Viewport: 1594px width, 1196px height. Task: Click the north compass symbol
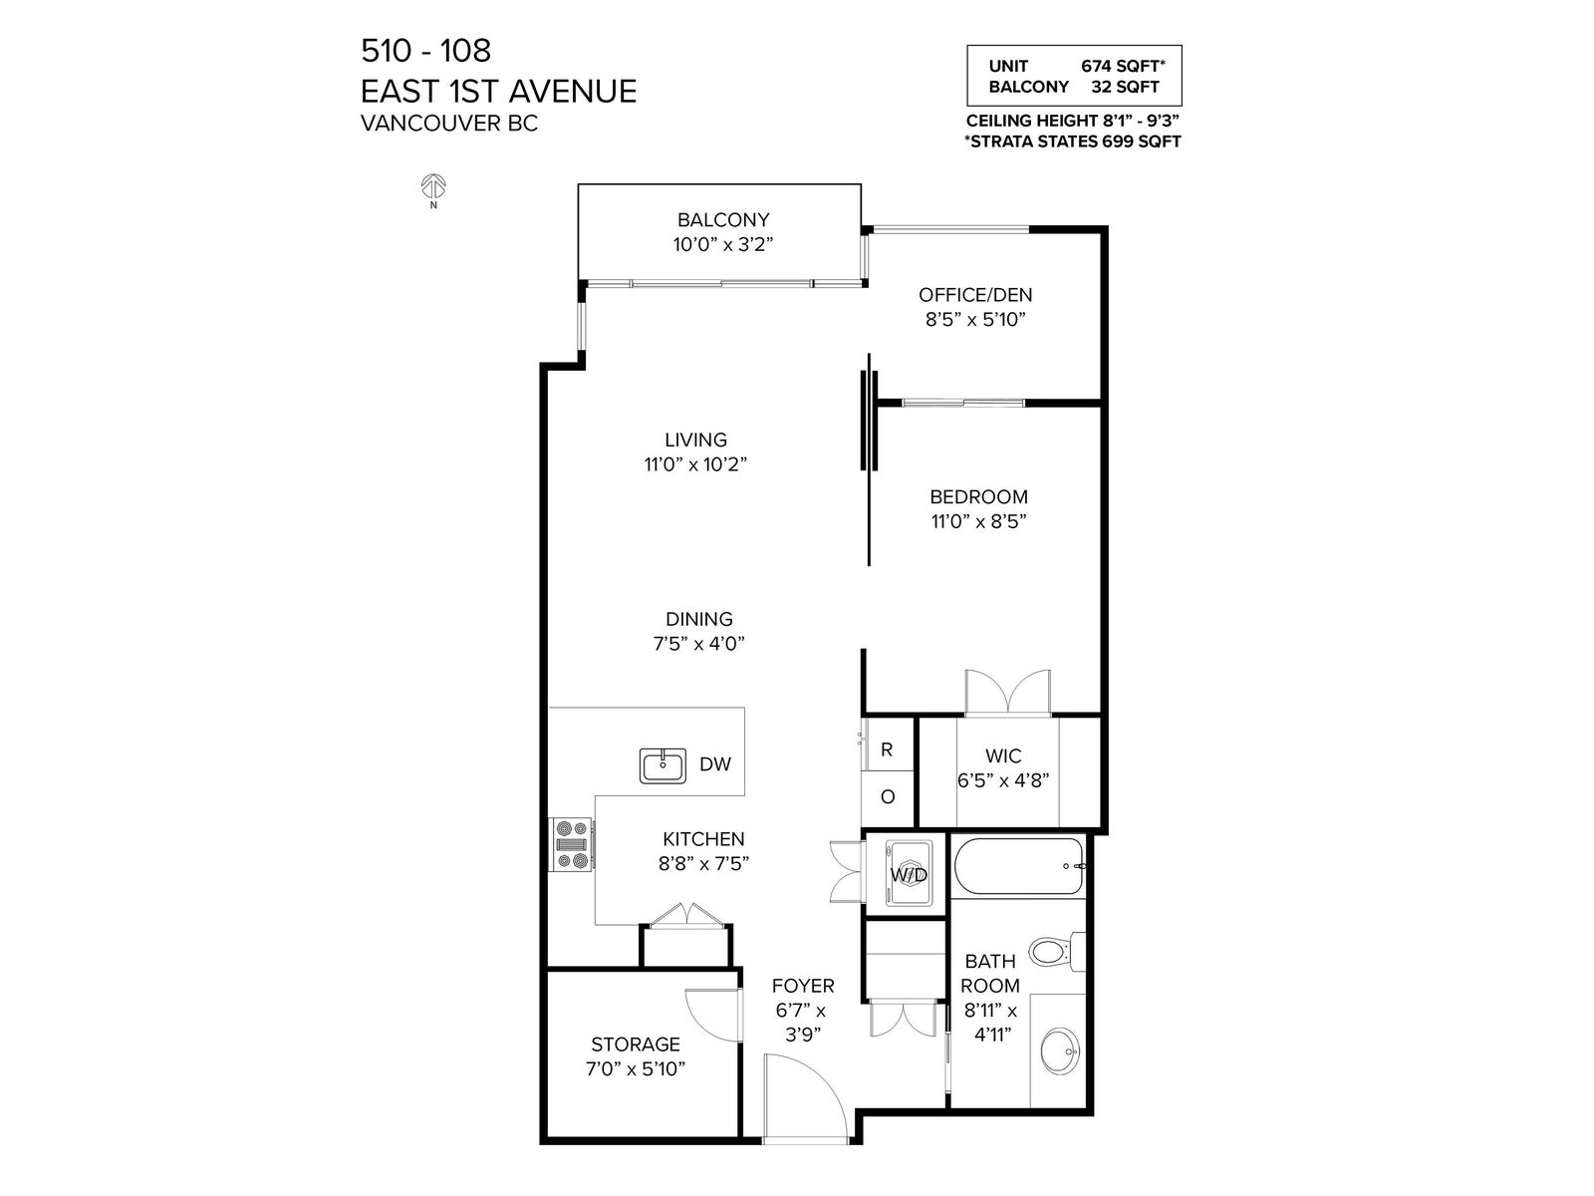(x=433, y=186)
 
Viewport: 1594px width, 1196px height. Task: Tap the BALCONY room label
(x=723, y=219)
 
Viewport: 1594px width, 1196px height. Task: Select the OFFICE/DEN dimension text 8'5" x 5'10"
(x=975, y=319)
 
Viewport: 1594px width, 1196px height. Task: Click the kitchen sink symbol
(x=663, y=766)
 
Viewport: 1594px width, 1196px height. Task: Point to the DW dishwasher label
(x=715, y=763)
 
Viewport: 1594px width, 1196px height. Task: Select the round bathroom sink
(x=1060, y=1050)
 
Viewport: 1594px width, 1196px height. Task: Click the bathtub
(x=1019, y=866)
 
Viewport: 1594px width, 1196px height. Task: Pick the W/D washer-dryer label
(x=909, y=875)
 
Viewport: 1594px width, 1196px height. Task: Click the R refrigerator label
(x=887, y=750)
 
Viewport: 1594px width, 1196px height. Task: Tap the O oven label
(x=888, y=797)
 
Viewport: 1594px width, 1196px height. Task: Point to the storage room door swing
(x=713, y=1016)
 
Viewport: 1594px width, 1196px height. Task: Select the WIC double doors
(x=1007, y=692)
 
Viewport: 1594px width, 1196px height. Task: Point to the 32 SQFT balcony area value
(x=1126, y=87)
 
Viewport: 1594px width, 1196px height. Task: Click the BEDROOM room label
(x=979, y=496)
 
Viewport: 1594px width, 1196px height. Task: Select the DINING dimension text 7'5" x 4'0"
(x=699, y=644)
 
